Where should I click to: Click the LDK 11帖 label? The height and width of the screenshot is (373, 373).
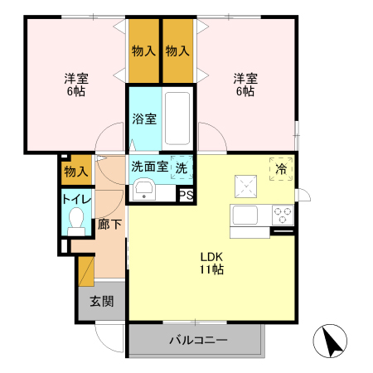[211, 263]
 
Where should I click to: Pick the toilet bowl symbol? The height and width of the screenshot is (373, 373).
[76, 220]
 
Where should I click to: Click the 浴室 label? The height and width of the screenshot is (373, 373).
[144, 119]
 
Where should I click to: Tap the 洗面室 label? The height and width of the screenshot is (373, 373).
[149, 167]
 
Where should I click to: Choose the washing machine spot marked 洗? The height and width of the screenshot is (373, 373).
[181, 167]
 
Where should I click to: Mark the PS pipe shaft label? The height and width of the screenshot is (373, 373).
[186, 196]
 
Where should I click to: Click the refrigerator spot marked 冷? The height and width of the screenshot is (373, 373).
[281, 167]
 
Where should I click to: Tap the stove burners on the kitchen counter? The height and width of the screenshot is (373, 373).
[283, 215]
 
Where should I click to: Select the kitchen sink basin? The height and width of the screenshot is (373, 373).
[246, 215]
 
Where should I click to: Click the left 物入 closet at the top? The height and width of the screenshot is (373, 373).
[143, 51]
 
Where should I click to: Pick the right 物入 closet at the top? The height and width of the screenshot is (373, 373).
[177, 51]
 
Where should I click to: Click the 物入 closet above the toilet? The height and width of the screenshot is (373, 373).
[76, 172]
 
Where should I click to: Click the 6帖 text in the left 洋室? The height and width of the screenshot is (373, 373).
[76, 91]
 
